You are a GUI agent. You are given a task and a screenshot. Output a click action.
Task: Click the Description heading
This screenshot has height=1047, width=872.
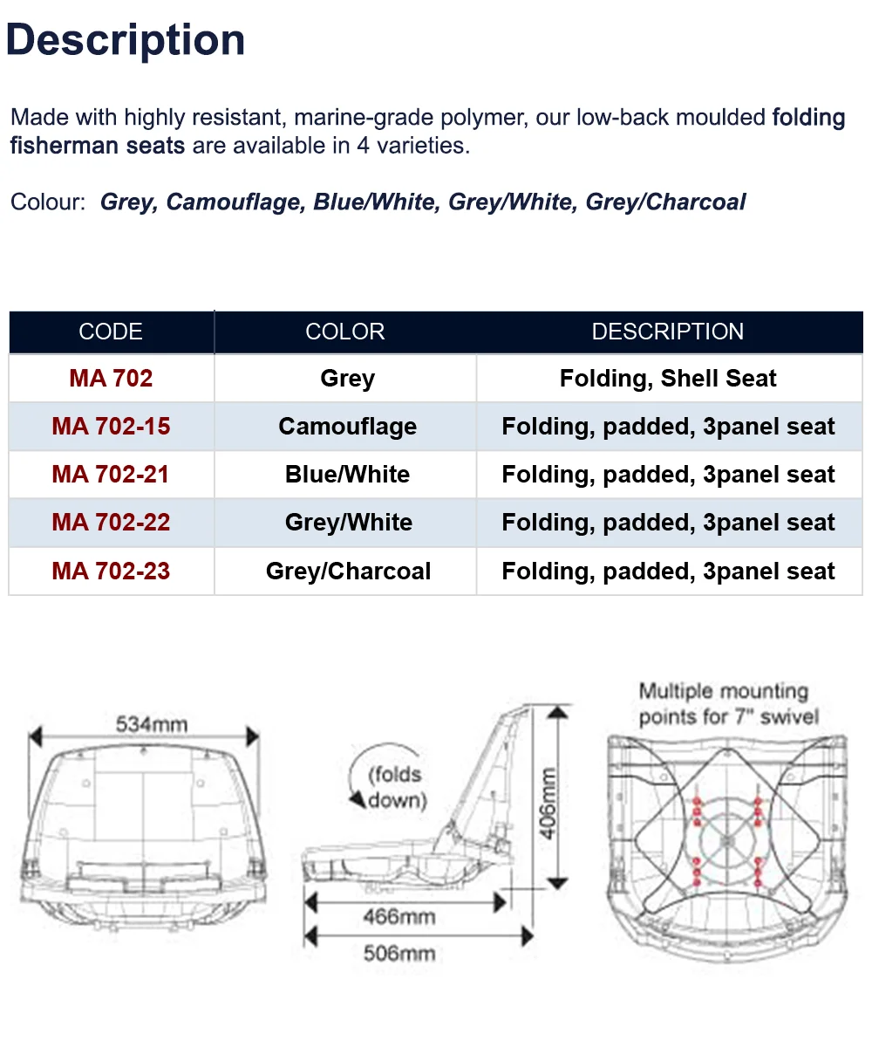pos(126,41)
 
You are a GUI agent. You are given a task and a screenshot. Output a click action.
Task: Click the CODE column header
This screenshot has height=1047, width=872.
pos(111,332)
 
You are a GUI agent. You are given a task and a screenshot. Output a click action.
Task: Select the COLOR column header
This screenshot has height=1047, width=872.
pos(344,332)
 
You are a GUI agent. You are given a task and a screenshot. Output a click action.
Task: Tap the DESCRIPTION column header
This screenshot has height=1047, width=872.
pos(668,332)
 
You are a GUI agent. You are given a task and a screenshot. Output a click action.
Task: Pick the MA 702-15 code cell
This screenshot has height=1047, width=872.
pos(111,427)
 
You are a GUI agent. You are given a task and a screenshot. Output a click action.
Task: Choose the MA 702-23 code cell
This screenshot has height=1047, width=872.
pos(111,571)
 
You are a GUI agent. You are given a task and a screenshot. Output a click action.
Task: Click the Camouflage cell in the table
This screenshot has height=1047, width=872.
pos(347,427)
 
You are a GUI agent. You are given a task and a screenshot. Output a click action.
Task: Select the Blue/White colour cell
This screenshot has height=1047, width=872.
pos(347,475)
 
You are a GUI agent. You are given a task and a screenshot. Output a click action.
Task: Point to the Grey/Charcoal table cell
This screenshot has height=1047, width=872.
pos(348,571)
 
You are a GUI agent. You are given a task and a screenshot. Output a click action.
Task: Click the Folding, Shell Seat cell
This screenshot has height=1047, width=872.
pos(668,379)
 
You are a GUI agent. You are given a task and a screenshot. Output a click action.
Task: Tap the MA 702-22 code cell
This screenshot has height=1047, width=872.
pos(111,523)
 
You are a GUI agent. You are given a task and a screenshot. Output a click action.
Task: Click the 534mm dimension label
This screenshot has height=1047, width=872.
pos(152,724)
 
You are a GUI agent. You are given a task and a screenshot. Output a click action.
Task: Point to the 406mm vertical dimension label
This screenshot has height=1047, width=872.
pos(548,803)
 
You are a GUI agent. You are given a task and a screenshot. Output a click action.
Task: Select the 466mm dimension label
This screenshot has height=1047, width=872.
pos(399,916)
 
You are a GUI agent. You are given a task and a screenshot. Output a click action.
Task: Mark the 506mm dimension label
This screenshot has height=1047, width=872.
pos(399,953)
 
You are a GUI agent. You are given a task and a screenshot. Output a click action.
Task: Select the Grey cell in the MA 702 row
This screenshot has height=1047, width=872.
pos(347,379)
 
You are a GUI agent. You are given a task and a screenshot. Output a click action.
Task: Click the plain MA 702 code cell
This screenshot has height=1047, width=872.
pos(111,379)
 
